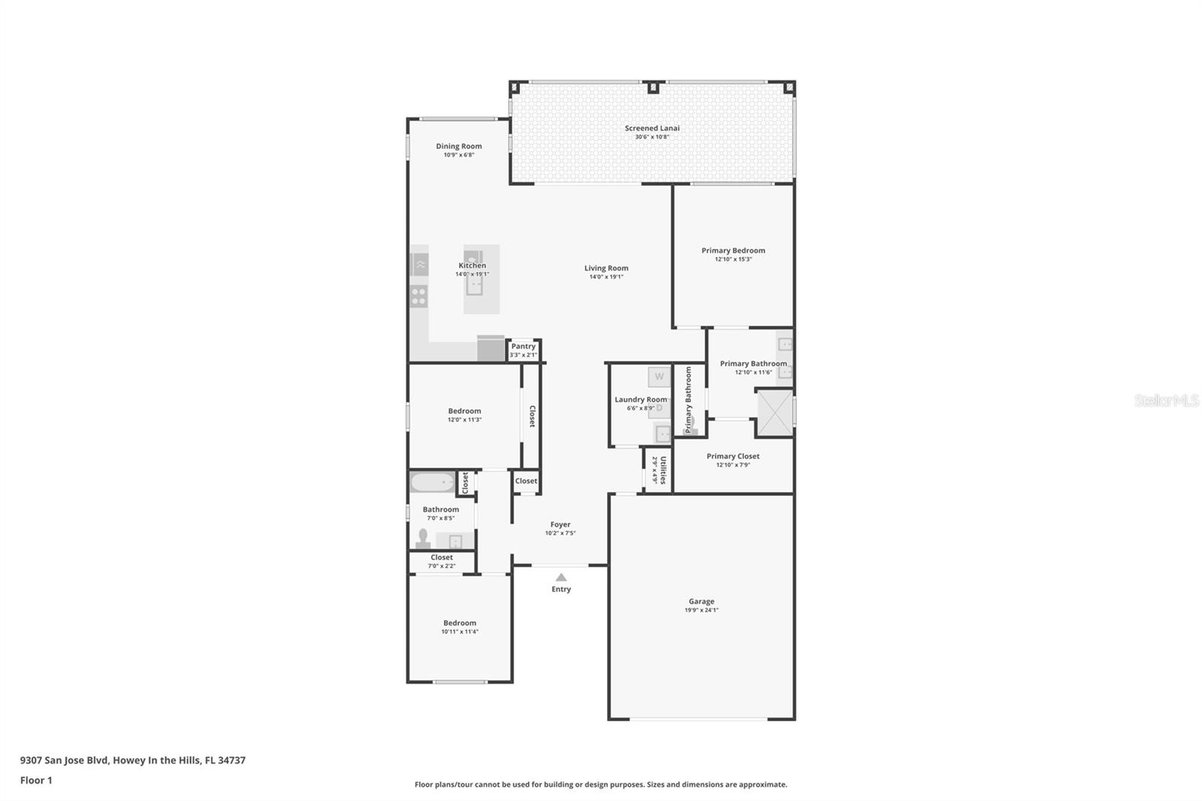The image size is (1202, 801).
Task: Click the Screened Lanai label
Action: [651, 128]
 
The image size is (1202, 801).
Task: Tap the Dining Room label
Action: [458, 147]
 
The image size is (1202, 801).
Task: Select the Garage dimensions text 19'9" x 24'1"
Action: [701, 610]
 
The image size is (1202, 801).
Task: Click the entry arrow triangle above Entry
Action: [561, 577]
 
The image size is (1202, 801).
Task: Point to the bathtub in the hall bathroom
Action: [432, 482]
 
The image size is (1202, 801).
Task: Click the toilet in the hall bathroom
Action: [423, 538]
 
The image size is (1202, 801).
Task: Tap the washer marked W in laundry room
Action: [659, 376]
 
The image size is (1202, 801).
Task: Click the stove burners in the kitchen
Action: [419, 296]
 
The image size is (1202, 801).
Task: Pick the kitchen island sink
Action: [473, 284]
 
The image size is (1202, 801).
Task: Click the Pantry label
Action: [524, 346]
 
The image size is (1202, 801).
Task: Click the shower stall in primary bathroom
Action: [774, 413]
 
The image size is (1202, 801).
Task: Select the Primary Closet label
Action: [732, 456]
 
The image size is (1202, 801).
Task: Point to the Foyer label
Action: [560, 524]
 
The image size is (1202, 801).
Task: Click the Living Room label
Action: [606, 268]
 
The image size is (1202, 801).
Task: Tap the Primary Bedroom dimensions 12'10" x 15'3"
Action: [733, 259]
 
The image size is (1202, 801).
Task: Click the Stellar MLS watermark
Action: [1166, 400]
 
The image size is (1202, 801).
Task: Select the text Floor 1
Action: [36, 780]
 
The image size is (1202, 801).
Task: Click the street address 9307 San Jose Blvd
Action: [65, 760]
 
